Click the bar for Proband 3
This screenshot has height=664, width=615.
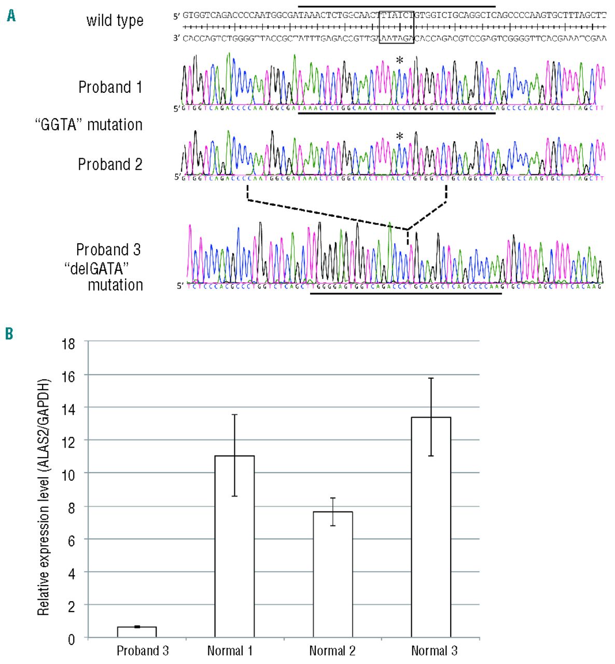[x=137, y=632]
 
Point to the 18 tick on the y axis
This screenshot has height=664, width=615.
[x=69, y=343]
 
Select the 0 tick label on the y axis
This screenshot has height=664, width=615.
[x=72, y=639]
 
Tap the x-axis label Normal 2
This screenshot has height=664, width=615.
[x=332, y=651]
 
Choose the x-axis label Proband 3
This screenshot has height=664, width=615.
[x=143, y=651]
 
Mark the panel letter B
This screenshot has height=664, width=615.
[x=9, y=333]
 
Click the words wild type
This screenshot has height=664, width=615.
[x=115, y=21]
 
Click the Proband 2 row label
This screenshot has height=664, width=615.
[x=110, y=164]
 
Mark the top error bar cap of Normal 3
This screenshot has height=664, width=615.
[x=431, y=378]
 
